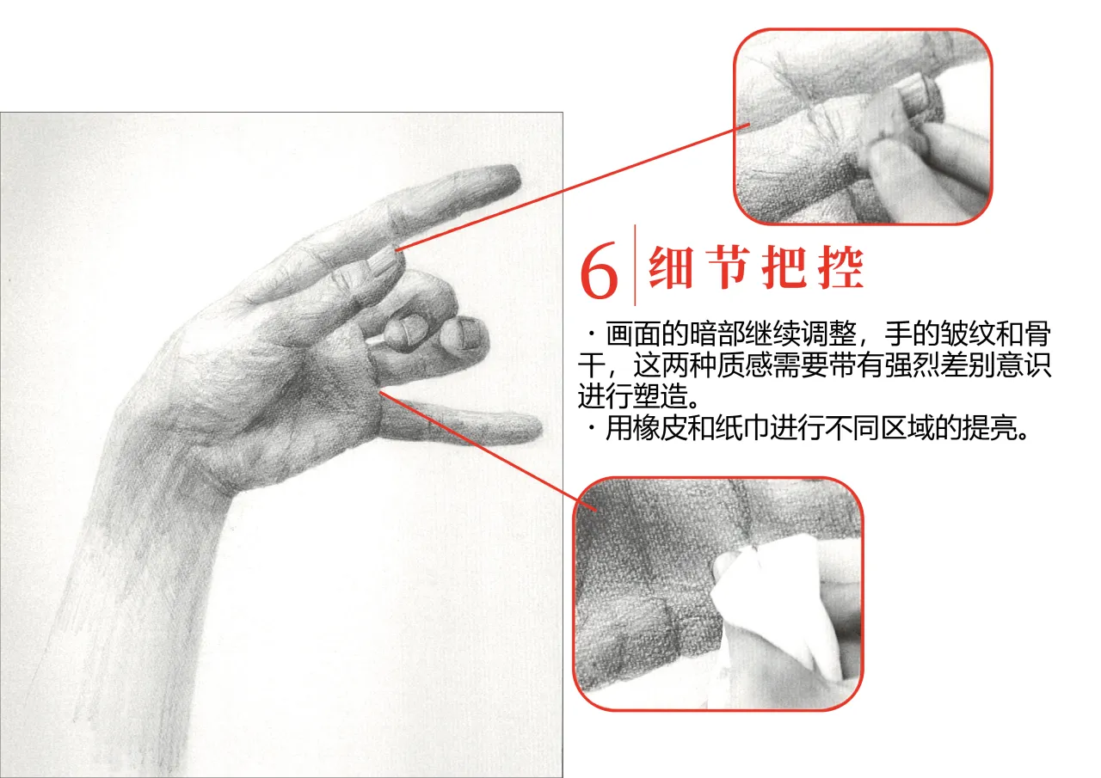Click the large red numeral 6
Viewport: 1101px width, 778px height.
pyautogui.click(x=599, y=270)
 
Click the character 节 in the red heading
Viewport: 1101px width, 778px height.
pyautogui.click(x=729, y=267)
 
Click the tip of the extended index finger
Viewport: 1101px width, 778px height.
pyautogui.click(x=519, y=177)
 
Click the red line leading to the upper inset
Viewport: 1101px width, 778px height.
pyautogui.click(x=573, y=187)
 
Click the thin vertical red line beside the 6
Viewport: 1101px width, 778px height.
pyautogui.click(x=635, y=266)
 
